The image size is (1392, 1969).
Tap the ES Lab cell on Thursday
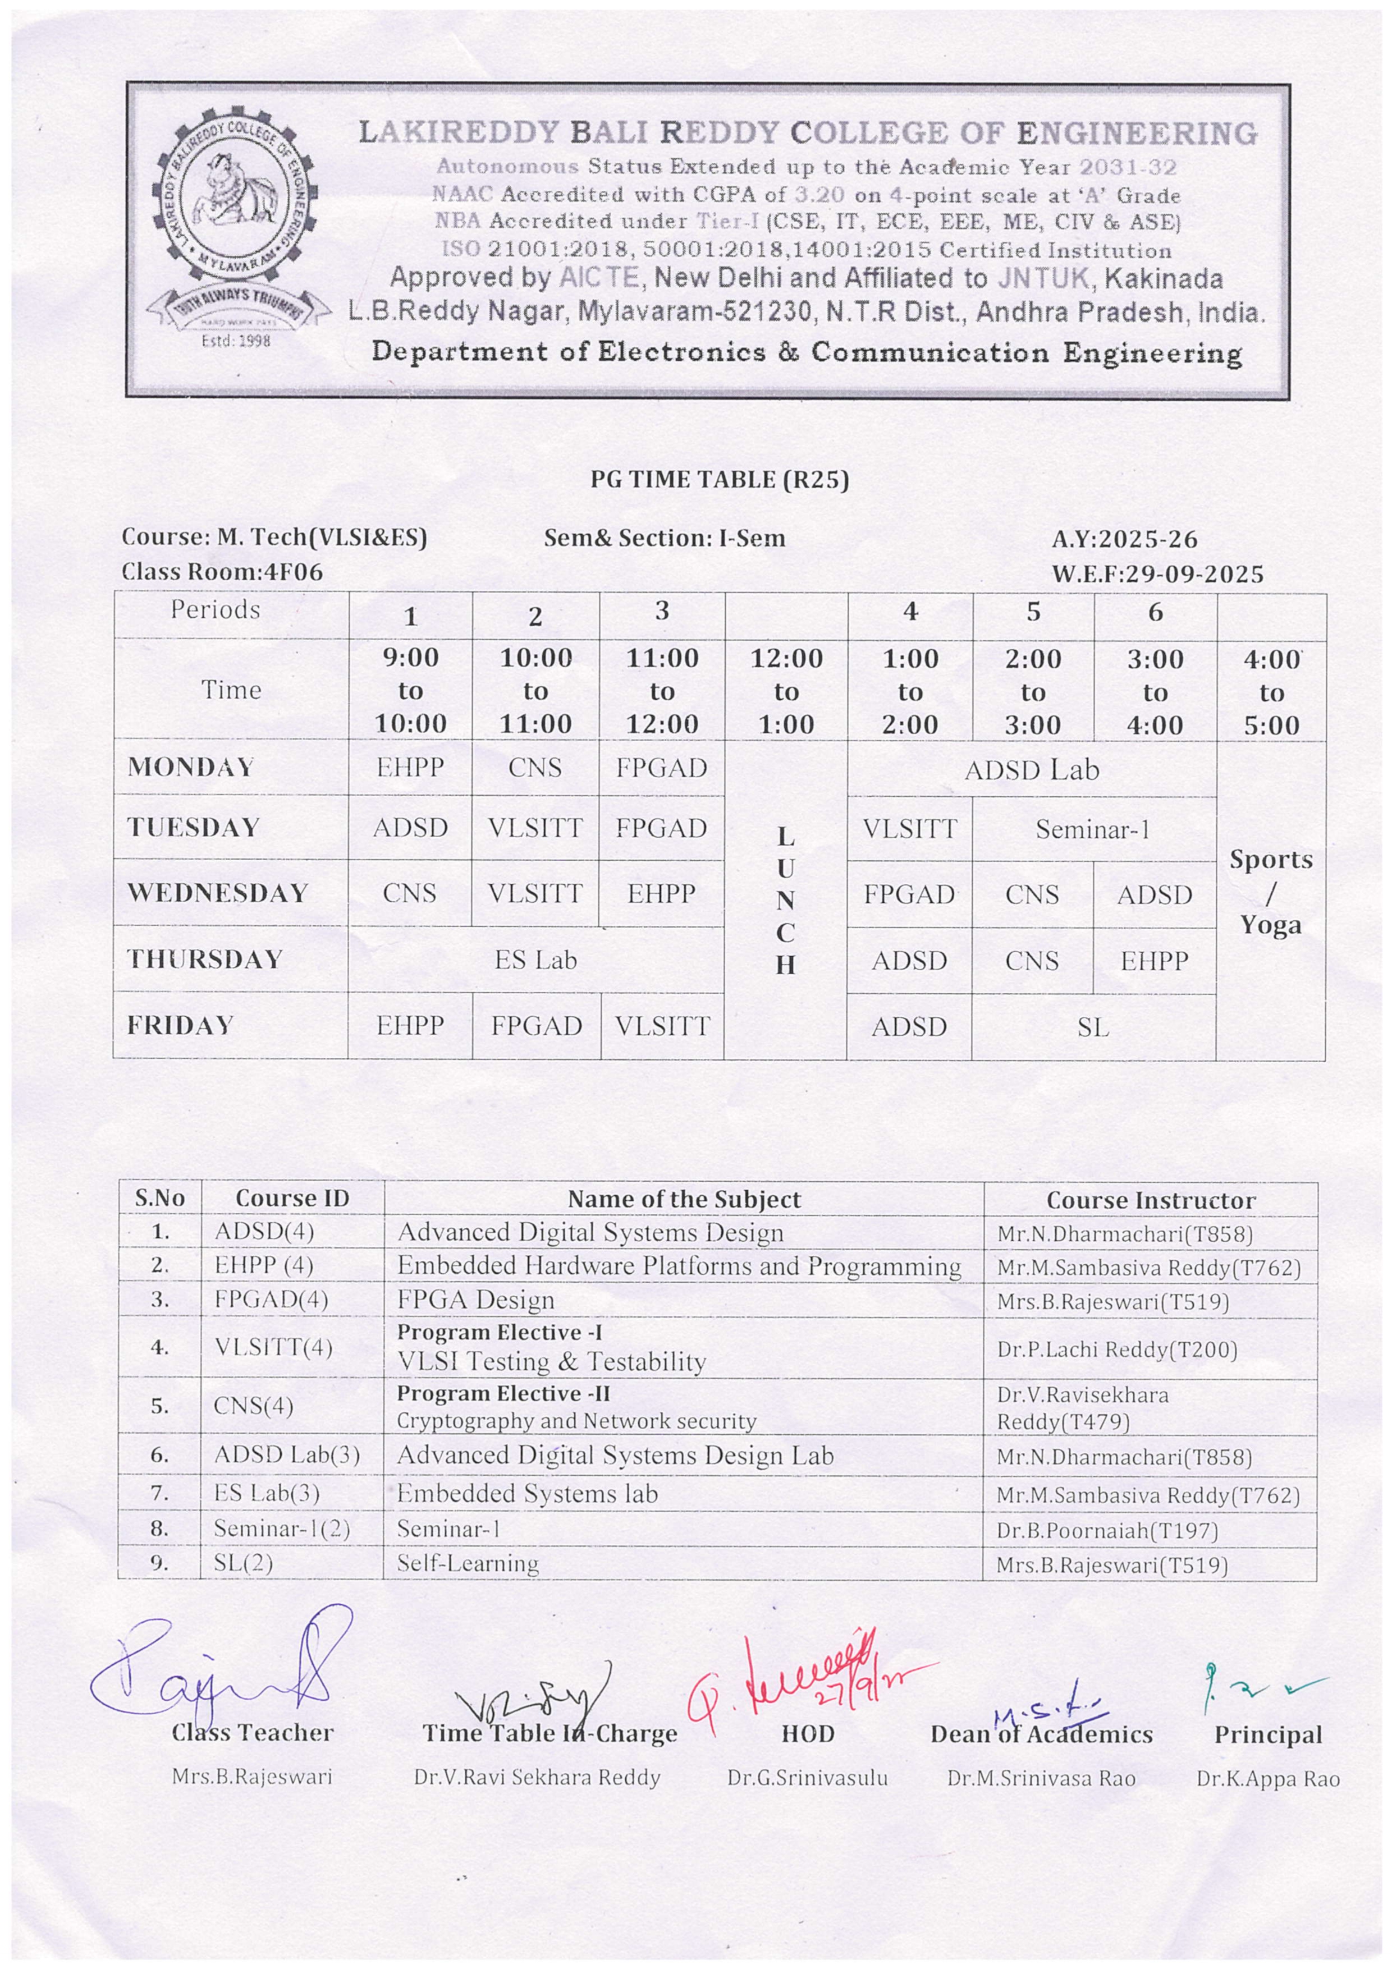coord(535,960)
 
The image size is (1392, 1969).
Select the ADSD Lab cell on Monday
coord(1031,770)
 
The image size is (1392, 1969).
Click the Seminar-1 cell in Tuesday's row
coord(1093,829)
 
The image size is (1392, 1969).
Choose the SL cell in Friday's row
coord(1093,1026)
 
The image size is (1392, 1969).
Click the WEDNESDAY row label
coord(218,893)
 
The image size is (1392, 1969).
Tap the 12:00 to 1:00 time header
coord(786,691)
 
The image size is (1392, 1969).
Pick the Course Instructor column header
coord(1150,1200)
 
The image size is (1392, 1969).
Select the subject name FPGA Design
coord(475,1300)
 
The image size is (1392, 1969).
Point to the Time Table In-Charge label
coord(550,1733)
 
